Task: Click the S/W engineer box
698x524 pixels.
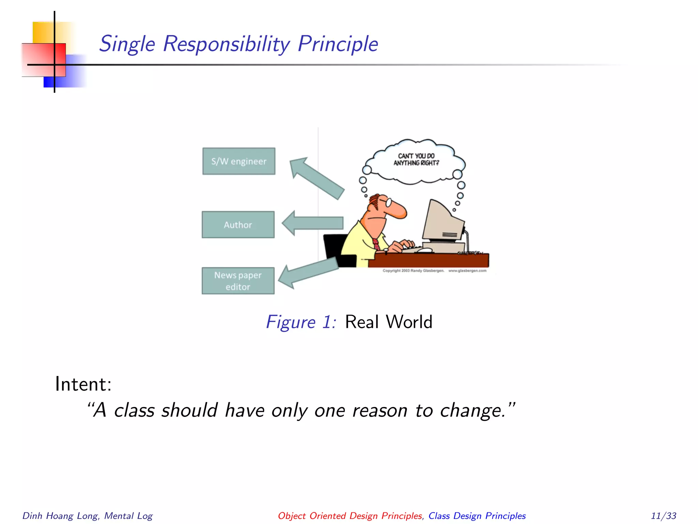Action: coord(239,161)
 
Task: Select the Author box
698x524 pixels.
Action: coord(238,224)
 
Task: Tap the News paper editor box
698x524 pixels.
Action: coord(238,281)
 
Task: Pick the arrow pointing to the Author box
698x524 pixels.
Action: coord(313,223)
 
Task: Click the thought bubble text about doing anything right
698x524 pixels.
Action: coord(416,159)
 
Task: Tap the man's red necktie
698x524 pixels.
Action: coord(376,244)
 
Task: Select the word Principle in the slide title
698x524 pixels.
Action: coord(337,44)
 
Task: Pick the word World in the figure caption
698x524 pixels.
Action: coord(409,322)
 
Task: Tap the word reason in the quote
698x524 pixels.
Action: coord(379,410)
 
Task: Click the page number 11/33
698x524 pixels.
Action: coord(663,515)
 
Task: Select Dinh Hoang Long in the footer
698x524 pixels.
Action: coord(61,515)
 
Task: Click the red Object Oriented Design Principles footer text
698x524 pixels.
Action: coord(350,515)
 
